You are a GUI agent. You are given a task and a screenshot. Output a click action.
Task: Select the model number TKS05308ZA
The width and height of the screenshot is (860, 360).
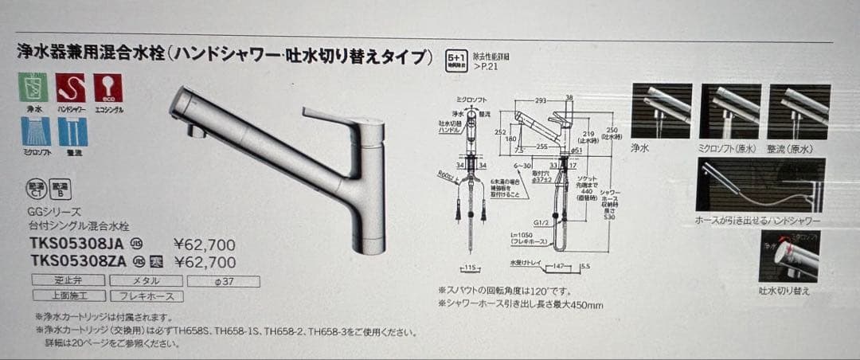(x=76, y=261)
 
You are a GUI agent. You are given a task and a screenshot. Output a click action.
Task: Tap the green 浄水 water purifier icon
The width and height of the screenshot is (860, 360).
(x=33, y=88)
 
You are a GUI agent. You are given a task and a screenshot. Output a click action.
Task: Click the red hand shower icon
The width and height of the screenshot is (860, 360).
(x=71, y=88)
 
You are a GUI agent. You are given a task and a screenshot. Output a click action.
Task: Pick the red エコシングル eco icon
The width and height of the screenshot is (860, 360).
(x=107, y=88)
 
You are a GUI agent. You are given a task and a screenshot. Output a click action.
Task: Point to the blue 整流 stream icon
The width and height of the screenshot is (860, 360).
(x=72, y=131)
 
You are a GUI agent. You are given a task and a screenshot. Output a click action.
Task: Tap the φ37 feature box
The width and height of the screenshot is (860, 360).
(x=224, y=281)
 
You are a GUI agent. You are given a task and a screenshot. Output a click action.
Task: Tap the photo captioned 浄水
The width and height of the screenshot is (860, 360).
(x=661, y=111)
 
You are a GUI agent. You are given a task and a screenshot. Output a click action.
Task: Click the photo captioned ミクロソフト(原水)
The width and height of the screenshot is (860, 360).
(x=730, y=111)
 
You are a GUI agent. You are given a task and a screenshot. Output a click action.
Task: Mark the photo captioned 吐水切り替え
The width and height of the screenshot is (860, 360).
(x=789, y=256)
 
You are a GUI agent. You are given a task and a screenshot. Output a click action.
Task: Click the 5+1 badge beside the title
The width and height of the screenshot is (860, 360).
(x=456, y=58)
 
